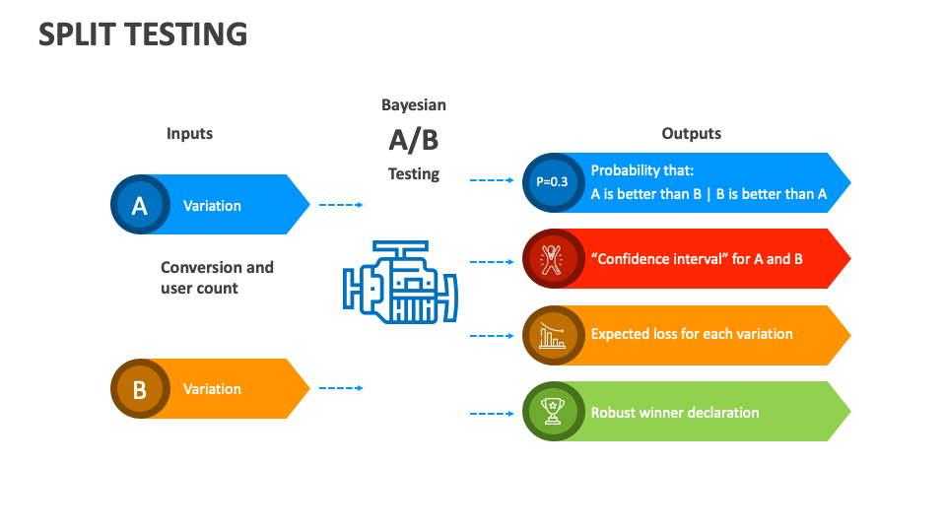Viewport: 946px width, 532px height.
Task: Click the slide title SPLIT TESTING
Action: pos(143,34)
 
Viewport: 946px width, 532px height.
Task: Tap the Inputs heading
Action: pos(189,133)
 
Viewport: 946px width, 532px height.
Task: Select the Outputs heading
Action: pos(691,133)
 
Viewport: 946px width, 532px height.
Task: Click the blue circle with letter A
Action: pos(139,205)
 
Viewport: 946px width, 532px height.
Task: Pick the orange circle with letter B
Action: pos(139,389)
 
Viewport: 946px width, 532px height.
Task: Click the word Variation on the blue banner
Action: pos(212,206)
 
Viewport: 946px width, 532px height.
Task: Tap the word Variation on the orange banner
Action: pos(212,389)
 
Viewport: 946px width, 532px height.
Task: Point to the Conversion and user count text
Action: pos(217,278)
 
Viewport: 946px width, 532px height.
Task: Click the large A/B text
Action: pos(414,140)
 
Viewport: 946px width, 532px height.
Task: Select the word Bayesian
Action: pos(414,104)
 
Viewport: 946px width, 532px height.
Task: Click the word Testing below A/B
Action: pos(414,173)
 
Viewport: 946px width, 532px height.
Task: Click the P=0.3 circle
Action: pos(552,182)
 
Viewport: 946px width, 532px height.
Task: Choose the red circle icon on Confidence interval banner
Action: pos(552,259)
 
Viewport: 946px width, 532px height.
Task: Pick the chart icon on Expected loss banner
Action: pos(552,335)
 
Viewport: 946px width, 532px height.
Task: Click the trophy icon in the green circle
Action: pos(552,412)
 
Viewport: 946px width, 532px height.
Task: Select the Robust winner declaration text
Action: pos(674,413)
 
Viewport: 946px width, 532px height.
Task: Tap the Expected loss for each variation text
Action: pos(692,334)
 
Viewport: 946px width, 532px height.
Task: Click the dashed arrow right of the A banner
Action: pos(341,205)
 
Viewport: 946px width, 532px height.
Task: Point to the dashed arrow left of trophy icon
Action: pos(492,414)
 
